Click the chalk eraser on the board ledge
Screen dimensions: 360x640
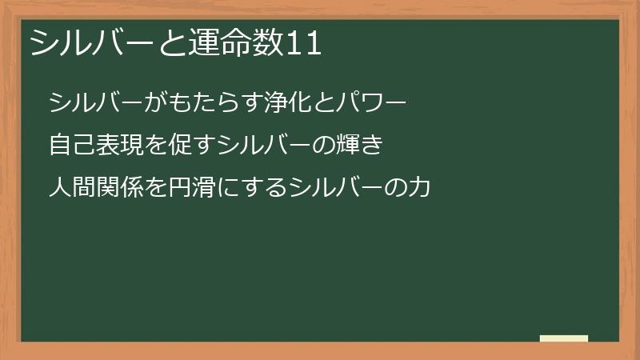click(x=564, y=338)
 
